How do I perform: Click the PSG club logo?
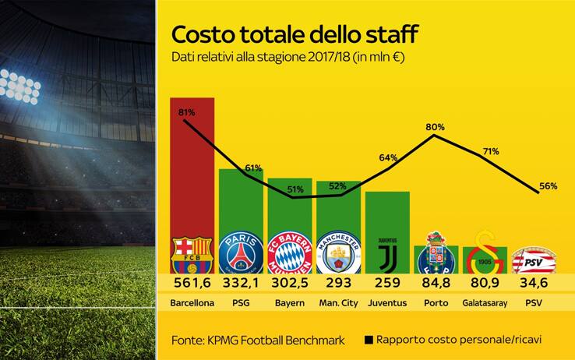(241, 252)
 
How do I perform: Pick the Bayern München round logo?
(289, 252)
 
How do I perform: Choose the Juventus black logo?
(387, 252)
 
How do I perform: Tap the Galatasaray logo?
(485, 250)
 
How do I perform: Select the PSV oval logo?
(533, 256)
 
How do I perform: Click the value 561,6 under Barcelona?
(192, 281)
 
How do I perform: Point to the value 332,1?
(241, 281)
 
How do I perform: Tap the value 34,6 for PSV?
(534, 281)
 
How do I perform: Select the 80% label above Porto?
(436, 126)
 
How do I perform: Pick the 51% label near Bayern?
(296, 189)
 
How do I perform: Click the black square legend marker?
(368, 340)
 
